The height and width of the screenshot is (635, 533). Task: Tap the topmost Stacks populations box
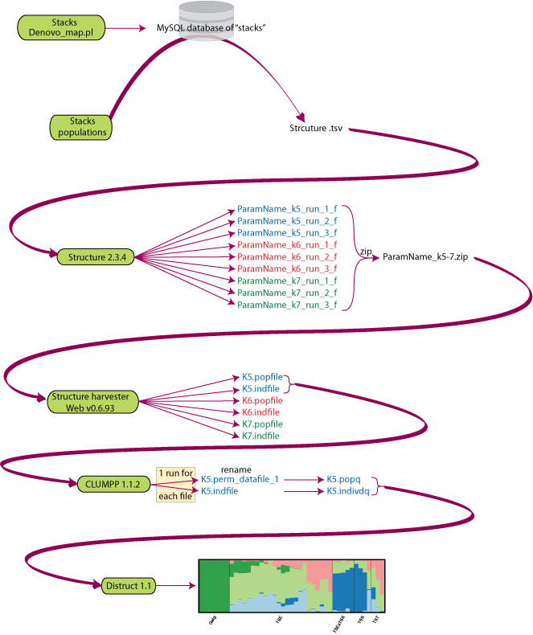(x=82, y=127)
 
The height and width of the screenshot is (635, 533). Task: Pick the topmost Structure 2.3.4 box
(x=97, y=256)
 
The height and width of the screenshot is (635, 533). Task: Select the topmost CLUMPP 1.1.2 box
(x=112, y=485)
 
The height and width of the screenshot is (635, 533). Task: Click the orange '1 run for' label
(x=174, y=473)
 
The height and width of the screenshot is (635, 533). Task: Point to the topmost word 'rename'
(x=236, y=470)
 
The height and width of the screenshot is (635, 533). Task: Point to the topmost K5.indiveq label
(x=347, y=490)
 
